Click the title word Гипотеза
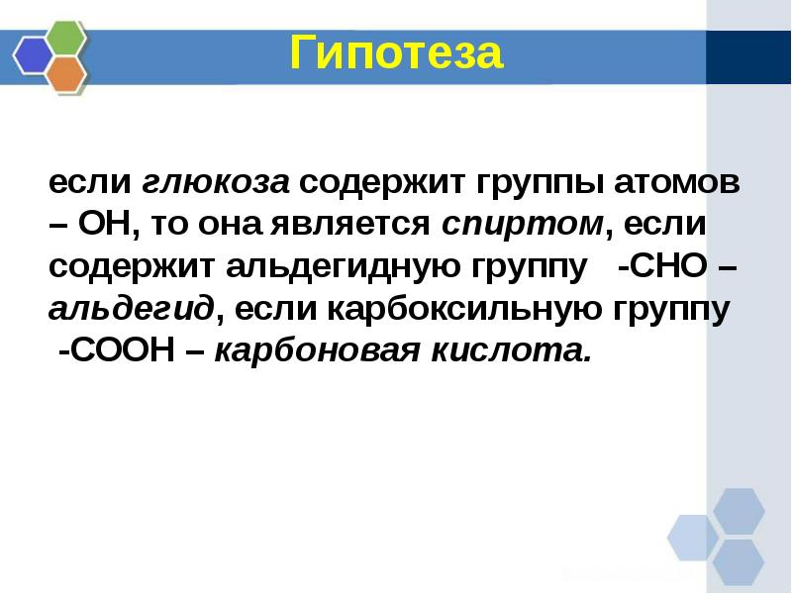tap(396, 52)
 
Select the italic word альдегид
tap(130, 310)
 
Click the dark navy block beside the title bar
tap(748, 57)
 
